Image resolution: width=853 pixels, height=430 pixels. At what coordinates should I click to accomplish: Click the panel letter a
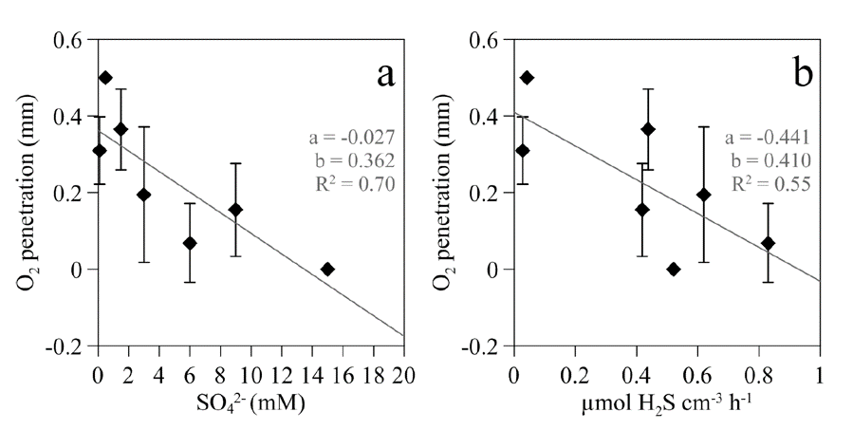(385, 73)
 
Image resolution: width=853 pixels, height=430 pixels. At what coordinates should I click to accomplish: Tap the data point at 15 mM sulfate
(328, 269)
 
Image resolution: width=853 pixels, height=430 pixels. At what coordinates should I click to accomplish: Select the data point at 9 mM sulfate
(235, 210)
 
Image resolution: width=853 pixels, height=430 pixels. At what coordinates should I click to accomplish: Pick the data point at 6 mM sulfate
(190, 243)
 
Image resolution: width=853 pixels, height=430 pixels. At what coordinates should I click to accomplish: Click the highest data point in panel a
(105, 77)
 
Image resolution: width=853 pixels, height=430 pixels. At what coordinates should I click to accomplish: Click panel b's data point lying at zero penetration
(674, 269)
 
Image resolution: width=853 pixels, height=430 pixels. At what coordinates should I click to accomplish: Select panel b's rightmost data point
(768, 243)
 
